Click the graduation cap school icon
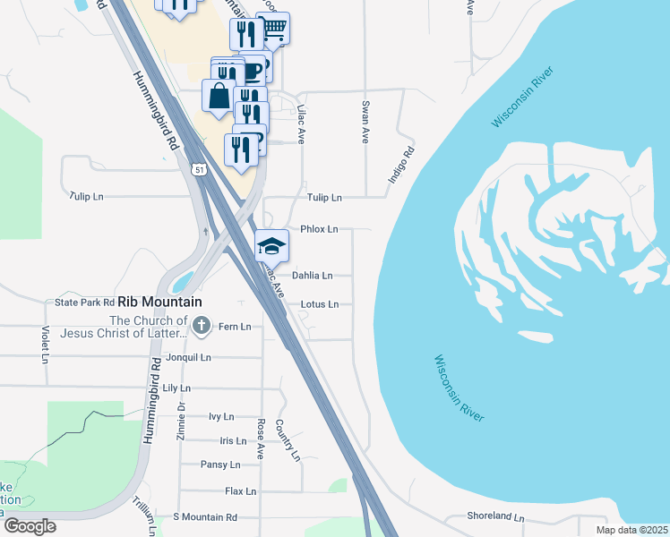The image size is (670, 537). coord(272,245)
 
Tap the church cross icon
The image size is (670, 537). coord(202,326)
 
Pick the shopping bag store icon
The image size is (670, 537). coord(219,96)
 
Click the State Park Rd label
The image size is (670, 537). coord(85,303)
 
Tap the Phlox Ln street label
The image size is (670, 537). coord(319,229)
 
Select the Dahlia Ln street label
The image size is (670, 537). coord(313,276)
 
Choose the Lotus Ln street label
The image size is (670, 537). coord(319,304)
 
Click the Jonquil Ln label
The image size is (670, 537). coord(187,357)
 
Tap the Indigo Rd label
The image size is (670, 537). coord(401,166)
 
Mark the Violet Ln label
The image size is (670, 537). coord(45,345)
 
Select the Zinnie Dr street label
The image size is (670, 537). coord(181,419)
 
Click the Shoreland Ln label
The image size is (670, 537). coord(495,517)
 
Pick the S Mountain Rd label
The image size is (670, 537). coord(205,517)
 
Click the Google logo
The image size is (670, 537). coord(29,526)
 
